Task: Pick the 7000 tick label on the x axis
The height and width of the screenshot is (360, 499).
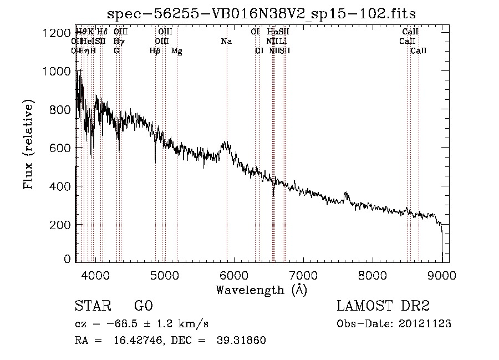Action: coord(303,274)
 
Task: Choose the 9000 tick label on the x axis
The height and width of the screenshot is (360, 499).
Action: coord(441,274)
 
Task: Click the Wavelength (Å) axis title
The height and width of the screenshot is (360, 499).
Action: coord(261,290)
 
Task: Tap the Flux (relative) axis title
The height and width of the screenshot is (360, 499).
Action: coord(28,145)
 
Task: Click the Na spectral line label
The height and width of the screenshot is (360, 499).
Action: coord(226,41)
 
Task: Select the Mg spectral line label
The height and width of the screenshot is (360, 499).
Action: coord(176,51)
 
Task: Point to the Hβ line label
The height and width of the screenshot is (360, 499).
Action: coord(155,51)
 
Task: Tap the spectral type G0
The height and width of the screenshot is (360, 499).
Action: coord(143,306)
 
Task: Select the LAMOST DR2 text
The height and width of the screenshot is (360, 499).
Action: coord(383,306)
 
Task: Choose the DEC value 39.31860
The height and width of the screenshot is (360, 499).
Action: coord(242,341)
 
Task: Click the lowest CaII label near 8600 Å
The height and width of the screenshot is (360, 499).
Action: coord(419,50)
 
